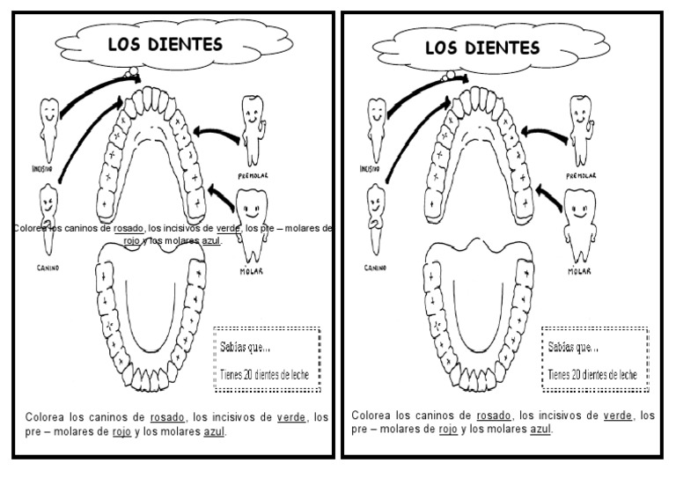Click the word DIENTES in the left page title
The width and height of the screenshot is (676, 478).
tap(187, 44)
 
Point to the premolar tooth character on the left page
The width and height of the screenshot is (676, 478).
tap(253, 128)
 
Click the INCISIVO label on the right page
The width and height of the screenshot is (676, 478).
tap(370, 167)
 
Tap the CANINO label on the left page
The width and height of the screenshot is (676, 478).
tap(48, 267)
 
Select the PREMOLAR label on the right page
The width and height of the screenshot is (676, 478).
tap(582, 175)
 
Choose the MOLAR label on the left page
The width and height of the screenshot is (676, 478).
tap(252, 271)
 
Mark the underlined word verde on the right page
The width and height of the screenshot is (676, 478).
tap(621, 415)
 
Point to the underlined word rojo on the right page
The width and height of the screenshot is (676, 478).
tap(447, 430)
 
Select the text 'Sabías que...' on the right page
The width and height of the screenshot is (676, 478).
tap(573, 348)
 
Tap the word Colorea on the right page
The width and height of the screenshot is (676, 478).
tap(371, 415)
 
